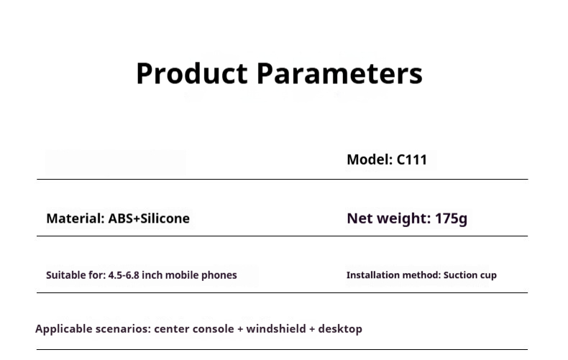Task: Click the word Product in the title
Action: pyautogui.click(x=192, y=73)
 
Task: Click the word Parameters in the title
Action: pyautogui.click(x=340, y=73)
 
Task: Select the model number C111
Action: pyautogui.click(x=412, y=160)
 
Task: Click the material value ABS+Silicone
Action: pyautogui.click(x=149, y=218)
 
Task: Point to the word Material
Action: pyautogui.click(x=75, y=218)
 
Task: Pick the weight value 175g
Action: pyautogui.click(x=451, y=218)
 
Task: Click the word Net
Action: pyautogui.click(x=359, y=218)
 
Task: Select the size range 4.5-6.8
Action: pyautogui.click(x=124, y=275)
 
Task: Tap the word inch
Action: pyautogui.click(x=152, y=275)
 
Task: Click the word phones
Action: pyautogui.click(x=219, y=276)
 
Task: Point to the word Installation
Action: pyautogui.click(x=373, y=275)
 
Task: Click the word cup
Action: pyautogui.click(x=488, y=276)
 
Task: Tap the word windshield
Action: pyautogui.click(x=276, y=329)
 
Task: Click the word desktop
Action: pyautogui.click(x=340, y=329)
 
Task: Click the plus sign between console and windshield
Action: pyautogui.click(x=240, y=329)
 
